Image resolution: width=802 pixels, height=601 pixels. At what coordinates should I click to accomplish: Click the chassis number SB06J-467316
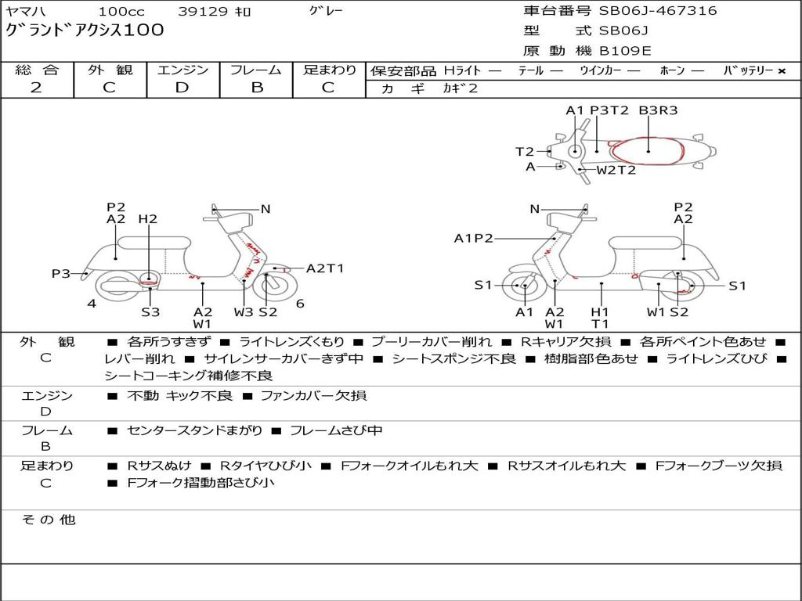tap(658, 11)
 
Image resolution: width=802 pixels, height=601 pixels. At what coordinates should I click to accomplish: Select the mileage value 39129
tap(203, 12)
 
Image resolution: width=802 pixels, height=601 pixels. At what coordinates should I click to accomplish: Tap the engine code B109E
tap(625, 52)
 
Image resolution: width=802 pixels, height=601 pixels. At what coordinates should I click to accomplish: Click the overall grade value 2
tap(36, 88)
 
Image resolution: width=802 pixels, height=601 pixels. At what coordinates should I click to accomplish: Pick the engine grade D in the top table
tap(182, 88)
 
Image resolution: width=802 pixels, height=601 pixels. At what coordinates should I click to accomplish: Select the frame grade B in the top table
tap(256, 88)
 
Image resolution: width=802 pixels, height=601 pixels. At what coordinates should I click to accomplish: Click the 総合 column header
tap(37, 70)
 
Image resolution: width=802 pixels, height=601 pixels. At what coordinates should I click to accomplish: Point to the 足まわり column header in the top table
tap(330, 70)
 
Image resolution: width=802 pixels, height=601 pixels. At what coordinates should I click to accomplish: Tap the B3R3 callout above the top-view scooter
tap(658, 111)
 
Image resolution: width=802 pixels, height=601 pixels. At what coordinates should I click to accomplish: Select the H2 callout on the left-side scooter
tap(147, 219)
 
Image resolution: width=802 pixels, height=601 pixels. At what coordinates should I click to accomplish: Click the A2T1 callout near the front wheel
tap(325, 268)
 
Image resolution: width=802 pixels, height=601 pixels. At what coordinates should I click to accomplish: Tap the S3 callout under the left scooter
tap(150, 312)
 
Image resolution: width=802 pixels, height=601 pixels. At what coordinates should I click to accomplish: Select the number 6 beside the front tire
tap(300, 304)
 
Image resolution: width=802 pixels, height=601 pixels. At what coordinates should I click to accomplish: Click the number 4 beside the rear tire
tap(92, 304)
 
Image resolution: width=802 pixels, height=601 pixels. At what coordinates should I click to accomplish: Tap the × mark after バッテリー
tap(781, 71)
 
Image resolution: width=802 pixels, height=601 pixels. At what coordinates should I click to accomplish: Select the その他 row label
tap(48, 520)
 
